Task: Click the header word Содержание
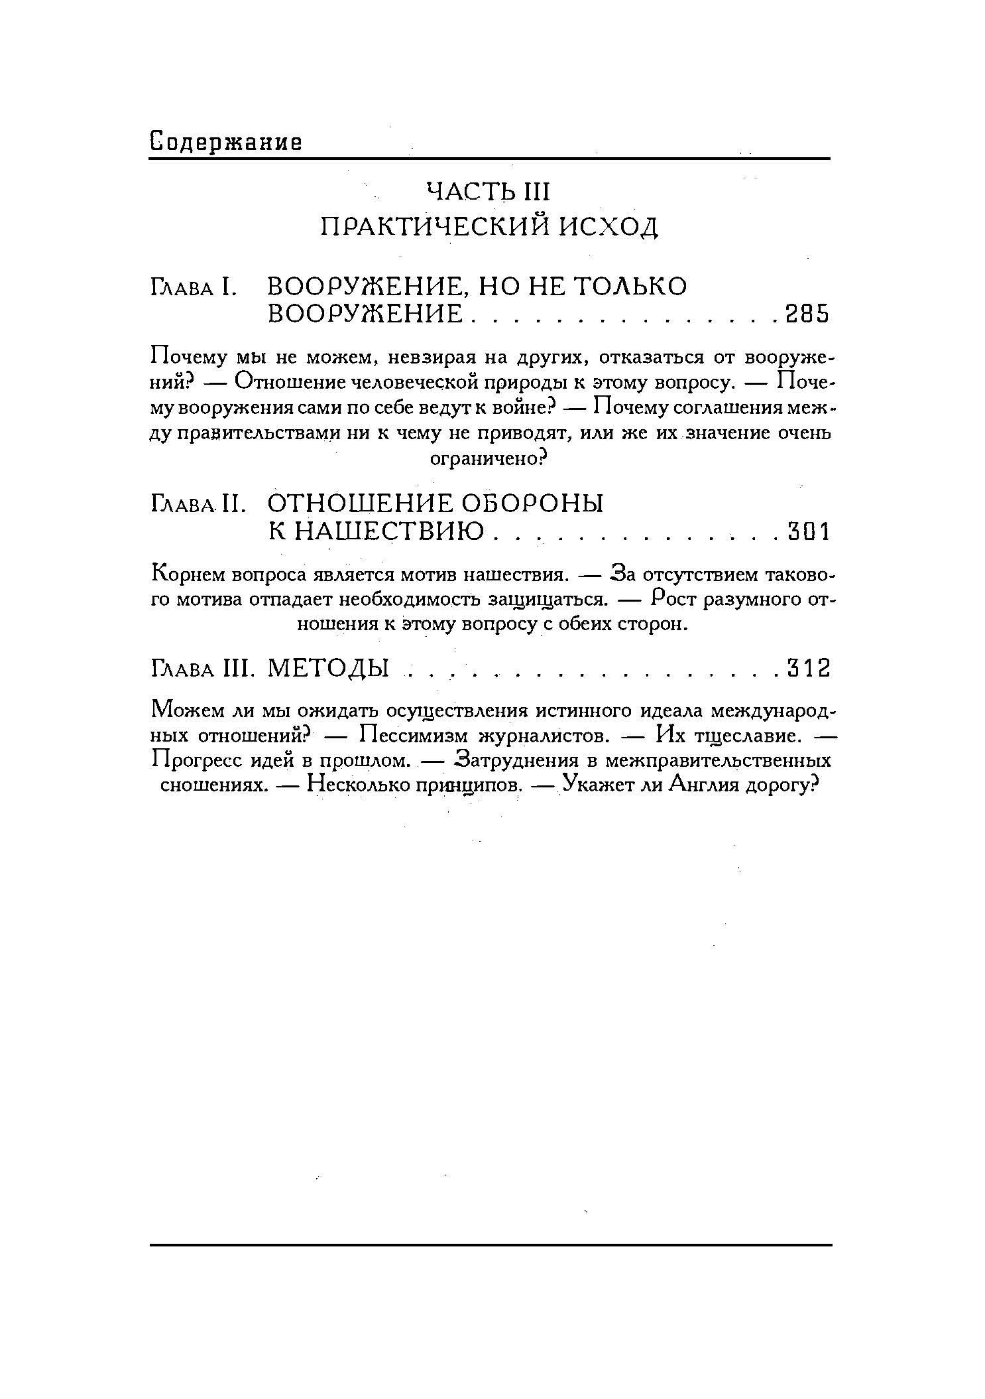pos(226,141)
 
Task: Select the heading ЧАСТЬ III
pos(489,192)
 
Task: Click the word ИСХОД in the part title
pos(609,228)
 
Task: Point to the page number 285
pos(806,314)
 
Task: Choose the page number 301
pos(808,531)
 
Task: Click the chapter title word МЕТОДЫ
pos(327,668)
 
